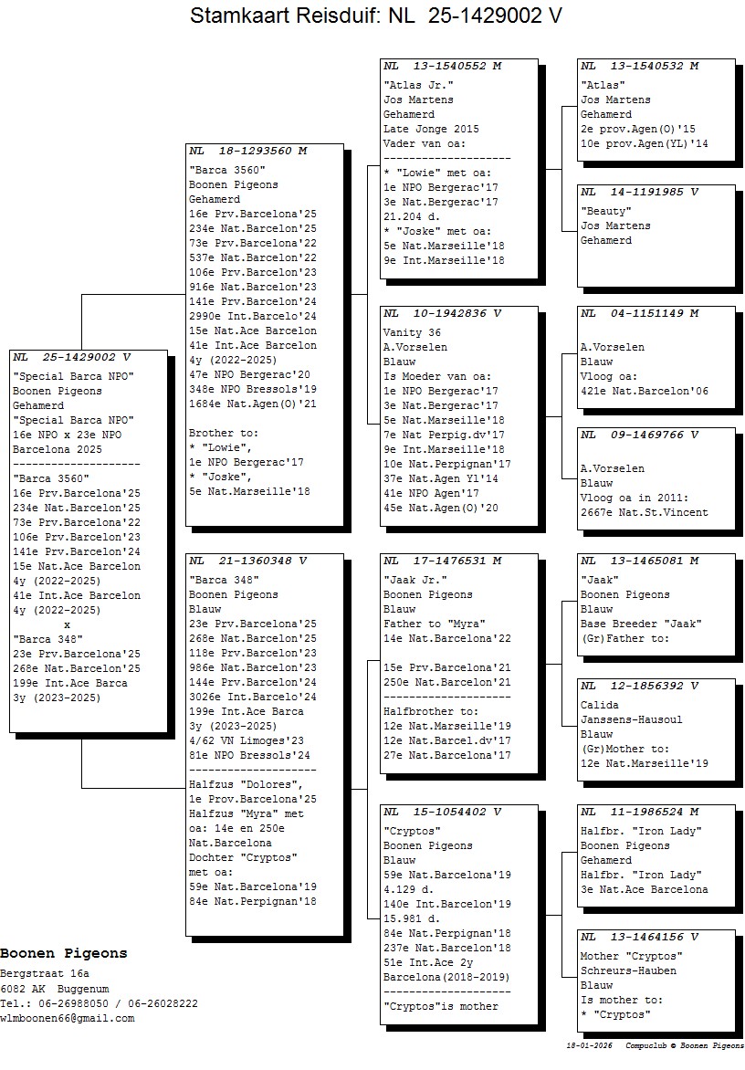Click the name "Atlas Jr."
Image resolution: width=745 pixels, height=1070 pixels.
click(x=414, y=85)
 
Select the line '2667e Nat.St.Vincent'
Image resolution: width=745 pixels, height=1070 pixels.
click(x=644, y=512)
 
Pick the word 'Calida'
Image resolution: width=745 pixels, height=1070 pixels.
click(x=600, y=705)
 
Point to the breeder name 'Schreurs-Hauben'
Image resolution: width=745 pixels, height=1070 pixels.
click(x=628, y=970)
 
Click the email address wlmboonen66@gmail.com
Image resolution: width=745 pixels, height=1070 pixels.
click(x=67, y=1018)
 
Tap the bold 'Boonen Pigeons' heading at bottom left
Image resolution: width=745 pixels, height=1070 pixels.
click(x=64, y=953)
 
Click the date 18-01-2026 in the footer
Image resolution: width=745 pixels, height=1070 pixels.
click(x=589, y=1045)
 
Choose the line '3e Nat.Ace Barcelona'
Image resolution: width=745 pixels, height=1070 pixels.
click(x=644, y=889)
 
